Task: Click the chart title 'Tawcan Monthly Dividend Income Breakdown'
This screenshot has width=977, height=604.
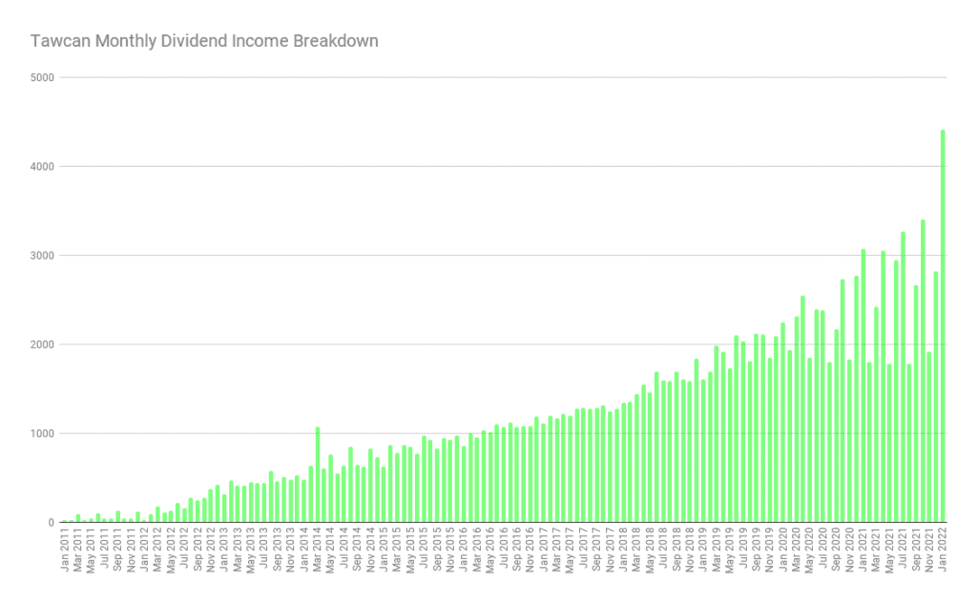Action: coord(204,41)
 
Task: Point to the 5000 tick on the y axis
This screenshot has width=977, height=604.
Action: coord(42,77)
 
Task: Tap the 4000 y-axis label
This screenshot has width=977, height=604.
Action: coord(42,166)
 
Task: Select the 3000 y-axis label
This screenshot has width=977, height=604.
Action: coord(42,256)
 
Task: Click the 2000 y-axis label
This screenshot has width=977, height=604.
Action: coord(42,344)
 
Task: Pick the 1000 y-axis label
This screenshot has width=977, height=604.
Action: coord(42,434)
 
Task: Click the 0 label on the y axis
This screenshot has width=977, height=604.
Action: coord(51,523)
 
